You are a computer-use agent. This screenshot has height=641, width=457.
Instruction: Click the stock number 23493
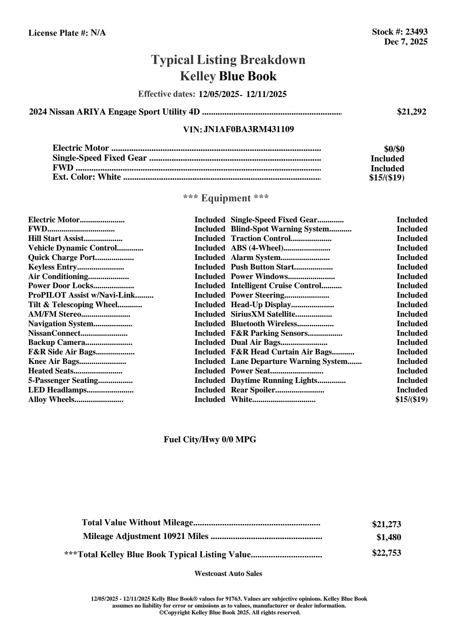pos(416,32)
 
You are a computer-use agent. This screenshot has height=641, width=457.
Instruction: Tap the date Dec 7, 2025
pos(406,41)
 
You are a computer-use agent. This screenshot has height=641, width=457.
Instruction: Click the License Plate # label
pos(59,33)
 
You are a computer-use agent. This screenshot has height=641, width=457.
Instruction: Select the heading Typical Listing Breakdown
pos(228,60)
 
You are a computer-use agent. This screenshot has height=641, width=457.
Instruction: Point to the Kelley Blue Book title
pos(228,76)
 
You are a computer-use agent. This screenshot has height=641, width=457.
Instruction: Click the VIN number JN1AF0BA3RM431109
pos(249,129)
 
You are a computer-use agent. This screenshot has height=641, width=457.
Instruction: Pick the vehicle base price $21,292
pos(412,112)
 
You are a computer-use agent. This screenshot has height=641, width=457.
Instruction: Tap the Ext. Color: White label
pos(87,177)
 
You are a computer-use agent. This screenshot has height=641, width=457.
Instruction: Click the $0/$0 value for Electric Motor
pos(394,149)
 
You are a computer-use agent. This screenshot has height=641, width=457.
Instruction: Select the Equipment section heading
pos(226,198)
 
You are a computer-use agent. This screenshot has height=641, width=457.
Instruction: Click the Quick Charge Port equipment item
pos(62,258)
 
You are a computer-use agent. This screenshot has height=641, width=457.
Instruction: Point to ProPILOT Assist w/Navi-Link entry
pos(82,295)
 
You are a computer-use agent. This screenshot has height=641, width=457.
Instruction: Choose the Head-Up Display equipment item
pos(261,305)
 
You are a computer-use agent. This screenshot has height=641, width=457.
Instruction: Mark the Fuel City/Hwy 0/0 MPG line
pos(210,440)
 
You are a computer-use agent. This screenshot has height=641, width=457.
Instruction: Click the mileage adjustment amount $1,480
pos(389,537)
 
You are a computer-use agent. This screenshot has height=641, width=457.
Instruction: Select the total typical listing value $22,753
pos(387,553)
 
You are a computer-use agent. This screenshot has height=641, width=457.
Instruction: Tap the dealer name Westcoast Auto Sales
pos(228,574)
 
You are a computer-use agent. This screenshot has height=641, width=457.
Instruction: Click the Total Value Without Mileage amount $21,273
pos(387,525)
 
